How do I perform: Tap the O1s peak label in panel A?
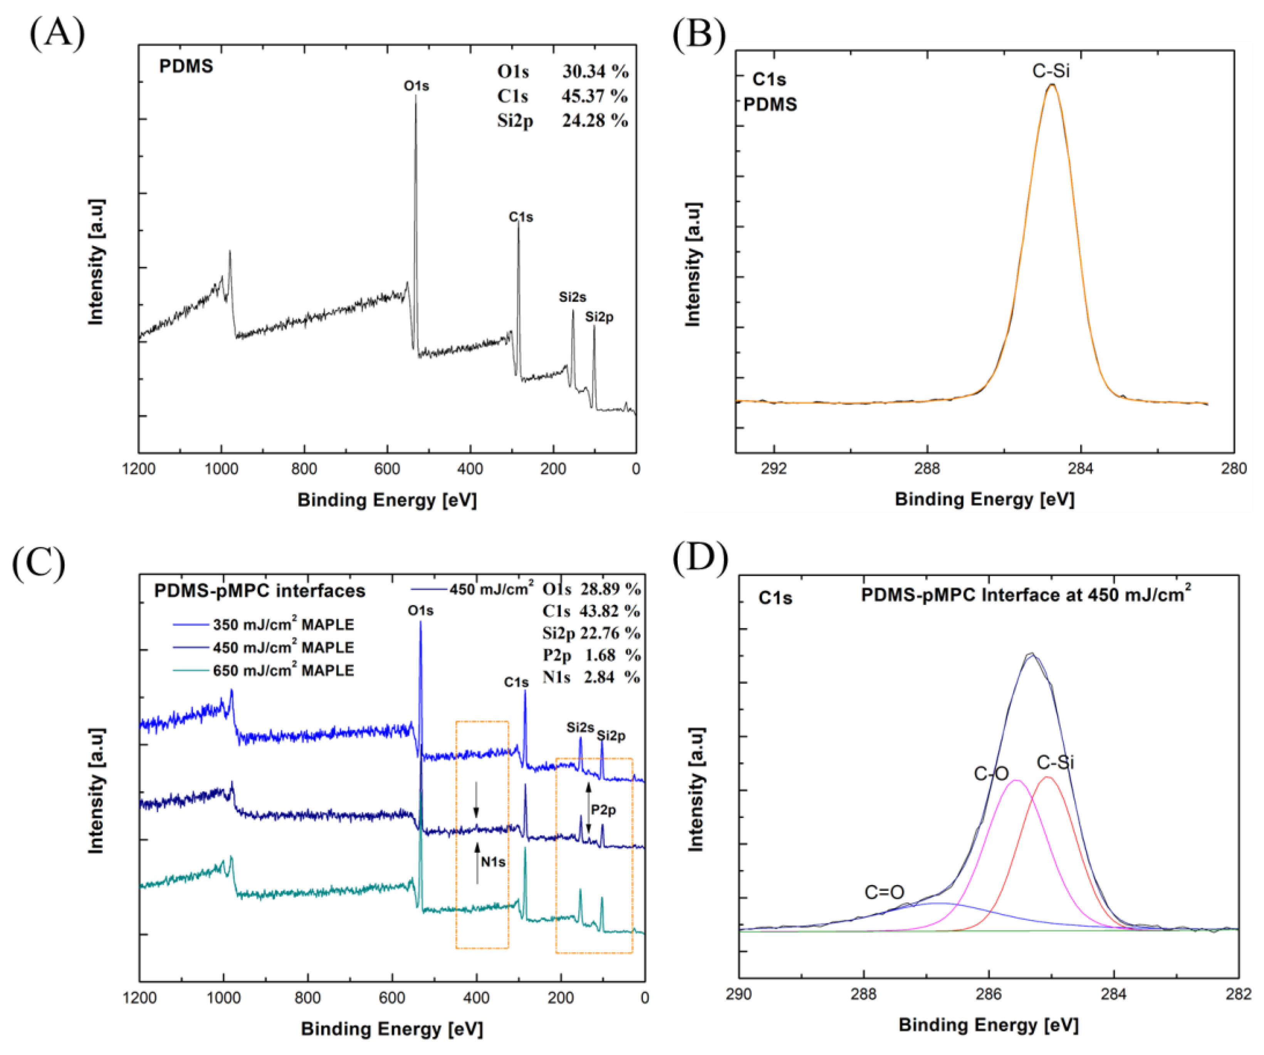coord(416,86)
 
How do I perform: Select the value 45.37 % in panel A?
coord(594,96)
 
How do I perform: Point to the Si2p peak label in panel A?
coord(599,317)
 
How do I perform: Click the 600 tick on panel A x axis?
coord(387,469)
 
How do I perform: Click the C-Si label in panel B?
coord(1051,71)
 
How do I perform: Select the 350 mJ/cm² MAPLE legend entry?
coord(283,625)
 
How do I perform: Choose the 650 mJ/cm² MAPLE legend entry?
coord(283,670)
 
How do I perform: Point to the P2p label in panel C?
coord(603,810)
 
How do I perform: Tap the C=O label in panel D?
coord(884,892)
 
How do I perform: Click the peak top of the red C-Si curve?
coord(1047,778)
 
